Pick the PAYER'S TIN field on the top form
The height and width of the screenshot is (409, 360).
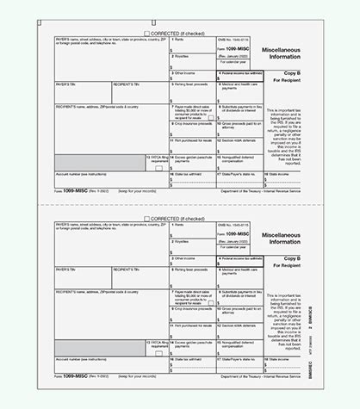(78, 92)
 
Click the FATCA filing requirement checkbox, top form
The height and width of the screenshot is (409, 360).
(158, 170)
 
